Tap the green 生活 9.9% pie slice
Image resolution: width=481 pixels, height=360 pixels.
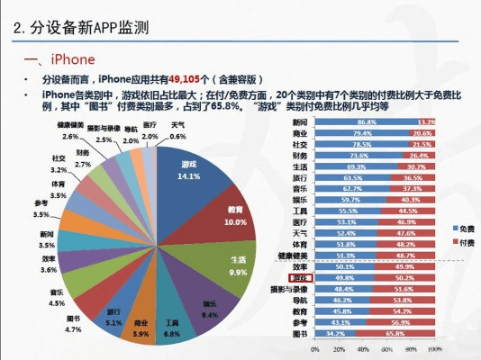point(236,265)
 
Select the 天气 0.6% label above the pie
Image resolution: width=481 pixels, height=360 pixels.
point(178,130)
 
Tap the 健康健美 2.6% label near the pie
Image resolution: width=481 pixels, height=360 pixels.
point(70,130)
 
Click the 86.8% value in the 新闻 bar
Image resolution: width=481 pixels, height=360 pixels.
point(366,121)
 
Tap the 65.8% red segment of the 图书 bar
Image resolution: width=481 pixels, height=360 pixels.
point(396,333)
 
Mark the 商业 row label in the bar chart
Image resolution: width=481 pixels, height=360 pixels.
point(300,133)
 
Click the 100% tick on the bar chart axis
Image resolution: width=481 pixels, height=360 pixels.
point(435,348)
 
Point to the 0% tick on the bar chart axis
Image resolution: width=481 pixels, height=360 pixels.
point(314,348)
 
